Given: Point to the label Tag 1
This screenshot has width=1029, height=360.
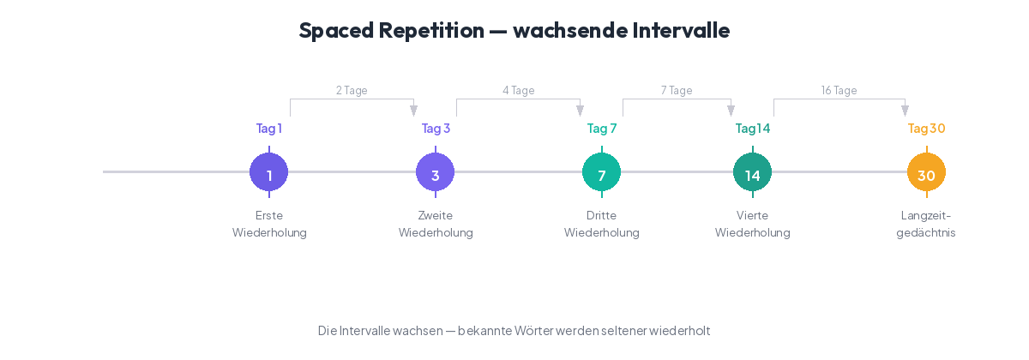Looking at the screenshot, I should [x=268, y=129].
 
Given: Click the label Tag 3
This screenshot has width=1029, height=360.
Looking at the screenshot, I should [x=435, y=129].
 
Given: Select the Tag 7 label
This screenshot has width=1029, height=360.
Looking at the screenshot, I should [x=601, y=129].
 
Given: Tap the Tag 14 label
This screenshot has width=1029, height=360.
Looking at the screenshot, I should [x=752, y=129].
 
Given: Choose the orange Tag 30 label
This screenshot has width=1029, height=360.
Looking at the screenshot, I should [x=926, y=129].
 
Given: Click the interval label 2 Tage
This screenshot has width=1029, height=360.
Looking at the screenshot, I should [x=352, y=90].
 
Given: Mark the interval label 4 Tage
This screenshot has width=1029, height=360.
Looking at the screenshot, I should [x=518, y=90].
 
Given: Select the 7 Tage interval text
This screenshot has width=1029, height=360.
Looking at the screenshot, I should [x=677, y=90].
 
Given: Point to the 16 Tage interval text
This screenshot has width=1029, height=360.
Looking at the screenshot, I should [x=839, y=90].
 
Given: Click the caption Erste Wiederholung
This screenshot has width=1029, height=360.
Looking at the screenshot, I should [x=268, y=224].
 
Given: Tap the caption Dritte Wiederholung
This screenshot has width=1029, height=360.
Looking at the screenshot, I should [x=601, y=224].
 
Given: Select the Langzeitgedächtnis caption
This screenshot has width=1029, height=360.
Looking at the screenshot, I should [x=926, y=224].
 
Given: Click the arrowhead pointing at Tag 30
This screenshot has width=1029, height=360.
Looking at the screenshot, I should [x=905, y=111].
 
